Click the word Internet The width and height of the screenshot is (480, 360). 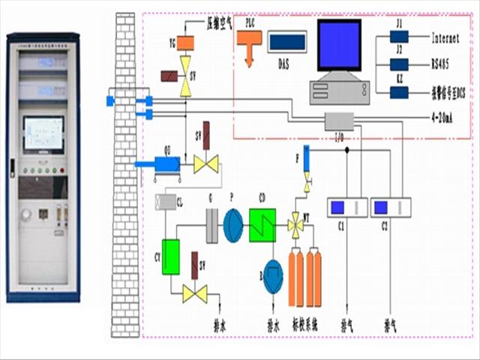coord(450,37)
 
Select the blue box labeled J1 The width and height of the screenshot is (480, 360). coord(399,36)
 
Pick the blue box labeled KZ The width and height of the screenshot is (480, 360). coord(399,92)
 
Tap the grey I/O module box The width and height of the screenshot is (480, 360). coord(339,121)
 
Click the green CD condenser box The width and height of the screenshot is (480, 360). coord(262,224)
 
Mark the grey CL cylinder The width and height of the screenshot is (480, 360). coord(166,202)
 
